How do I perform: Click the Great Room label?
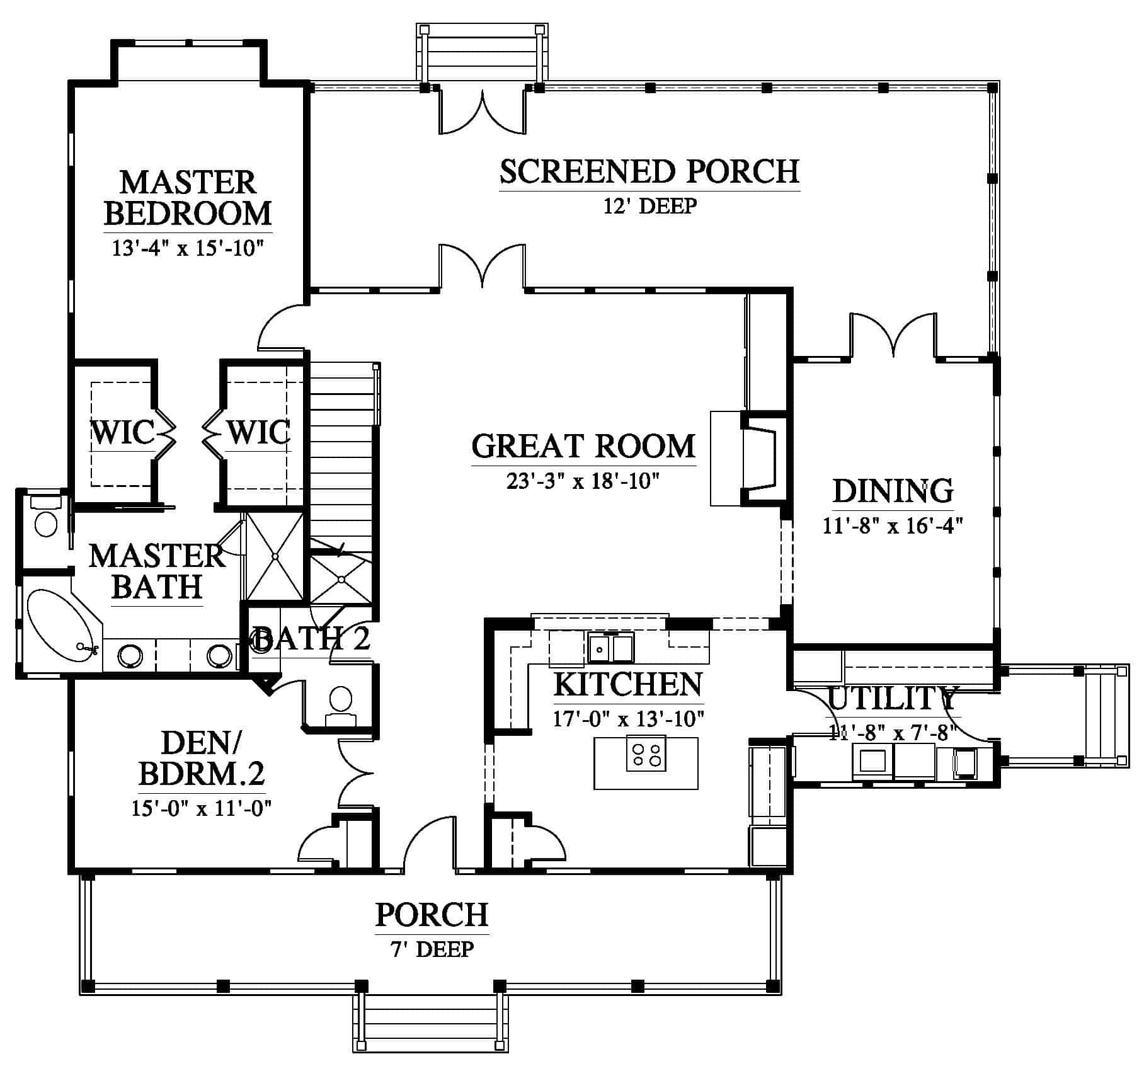583,446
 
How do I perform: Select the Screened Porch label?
649,171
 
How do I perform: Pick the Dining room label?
893,491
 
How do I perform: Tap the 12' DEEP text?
650,206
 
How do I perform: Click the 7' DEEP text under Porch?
432,949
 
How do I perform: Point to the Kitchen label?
628,685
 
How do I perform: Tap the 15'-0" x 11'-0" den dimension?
202,808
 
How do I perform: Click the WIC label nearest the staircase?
258,432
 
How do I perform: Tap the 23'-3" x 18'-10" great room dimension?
583,481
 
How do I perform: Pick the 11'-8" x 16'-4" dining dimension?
893,525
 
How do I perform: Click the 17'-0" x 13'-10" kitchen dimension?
628,718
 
